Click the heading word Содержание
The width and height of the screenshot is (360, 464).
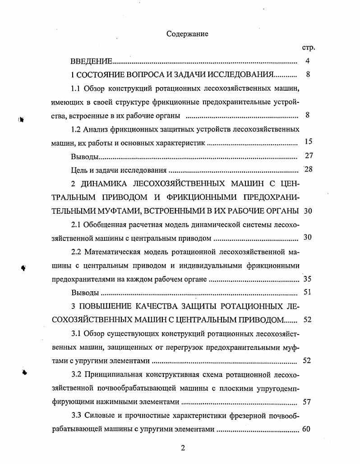pyautogui.click(x=187, y=34)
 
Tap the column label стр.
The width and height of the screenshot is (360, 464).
pyautogui.click(x=308, y=47)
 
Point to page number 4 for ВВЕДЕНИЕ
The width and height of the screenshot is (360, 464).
pyautogui.click(x=307, y=61)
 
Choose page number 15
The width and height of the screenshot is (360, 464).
pyautogui.click(x=309, y=142)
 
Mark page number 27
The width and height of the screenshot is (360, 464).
pyautogui.click(x=309, y=156)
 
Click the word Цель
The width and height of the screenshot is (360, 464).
pyautogui.click(x=79, y=170)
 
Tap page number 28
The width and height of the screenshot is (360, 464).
pyautogui.click(x=309, y=170)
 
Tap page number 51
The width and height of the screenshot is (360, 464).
pyautogui.click(x=308, y=292)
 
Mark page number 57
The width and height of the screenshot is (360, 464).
pyautogui.click(x=307, y=401)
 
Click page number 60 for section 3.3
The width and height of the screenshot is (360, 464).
pyautogui.click(x=306, y=429)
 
